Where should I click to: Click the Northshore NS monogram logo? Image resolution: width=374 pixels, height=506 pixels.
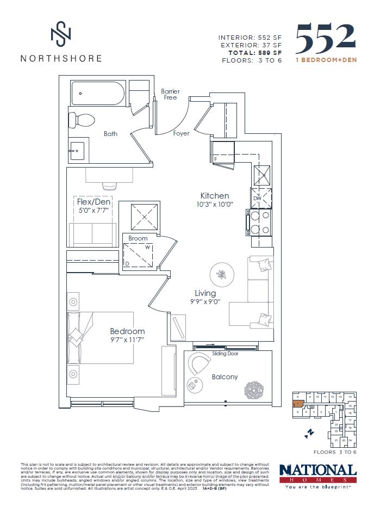(60, 34)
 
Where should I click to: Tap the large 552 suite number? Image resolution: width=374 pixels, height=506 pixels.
(326, 38)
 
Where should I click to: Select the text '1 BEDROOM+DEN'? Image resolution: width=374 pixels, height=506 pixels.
(326, 60)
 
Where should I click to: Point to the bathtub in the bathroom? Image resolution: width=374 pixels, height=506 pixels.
(98, 93)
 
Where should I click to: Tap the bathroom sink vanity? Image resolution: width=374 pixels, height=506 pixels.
(77, 149)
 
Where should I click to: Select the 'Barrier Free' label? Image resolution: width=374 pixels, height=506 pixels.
(170, 95)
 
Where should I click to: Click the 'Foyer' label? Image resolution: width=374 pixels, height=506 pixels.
(181, 133)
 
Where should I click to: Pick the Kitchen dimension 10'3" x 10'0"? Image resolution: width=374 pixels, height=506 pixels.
(214, 205)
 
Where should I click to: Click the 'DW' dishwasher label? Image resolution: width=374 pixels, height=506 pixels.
(257, 199)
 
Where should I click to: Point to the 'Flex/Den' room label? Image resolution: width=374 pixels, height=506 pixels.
(93, 201)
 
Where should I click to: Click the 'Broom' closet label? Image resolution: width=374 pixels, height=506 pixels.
(138, 238)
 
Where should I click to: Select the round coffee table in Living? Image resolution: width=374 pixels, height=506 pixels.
(221, 274)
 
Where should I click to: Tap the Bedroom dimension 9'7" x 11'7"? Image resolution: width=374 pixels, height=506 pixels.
(127, 341)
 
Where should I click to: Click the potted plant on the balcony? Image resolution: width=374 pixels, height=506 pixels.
(254, 388)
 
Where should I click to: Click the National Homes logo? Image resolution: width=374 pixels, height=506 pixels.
(317, 474)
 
